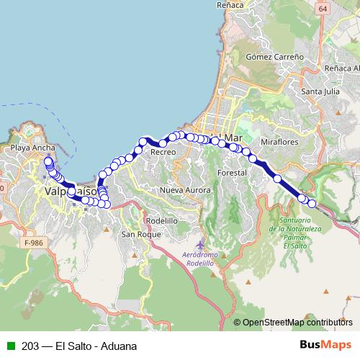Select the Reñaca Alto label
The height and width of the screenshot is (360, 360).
[340, 68]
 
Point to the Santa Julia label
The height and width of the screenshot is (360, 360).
[321, 91]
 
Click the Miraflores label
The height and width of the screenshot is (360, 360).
[279, 142]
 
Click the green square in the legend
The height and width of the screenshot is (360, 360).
[9, 346]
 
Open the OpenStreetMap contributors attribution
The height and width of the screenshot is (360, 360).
[297, 323]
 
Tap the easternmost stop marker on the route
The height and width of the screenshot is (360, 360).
[312, 204]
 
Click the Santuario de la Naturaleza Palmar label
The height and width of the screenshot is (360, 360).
[294, 229]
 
